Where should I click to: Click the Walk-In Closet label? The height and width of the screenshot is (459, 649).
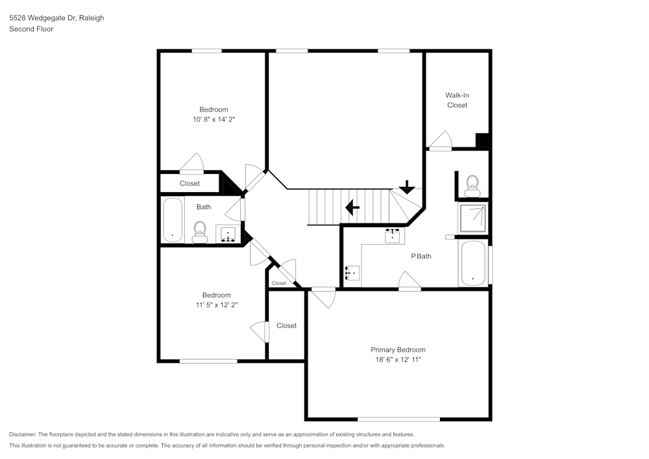point(457,100)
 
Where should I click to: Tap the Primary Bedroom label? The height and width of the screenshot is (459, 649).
point(398,349)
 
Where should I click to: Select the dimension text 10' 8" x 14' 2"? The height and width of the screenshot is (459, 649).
point(213,119)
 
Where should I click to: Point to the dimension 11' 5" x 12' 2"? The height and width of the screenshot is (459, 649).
point(215,305)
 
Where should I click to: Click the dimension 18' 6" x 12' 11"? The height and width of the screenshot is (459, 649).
point(398,359)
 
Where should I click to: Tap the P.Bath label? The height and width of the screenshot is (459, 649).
point(421,256)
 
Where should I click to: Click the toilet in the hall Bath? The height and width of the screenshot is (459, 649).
point(199,231)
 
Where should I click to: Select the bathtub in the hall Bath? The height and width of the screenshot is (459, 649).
point(172,220)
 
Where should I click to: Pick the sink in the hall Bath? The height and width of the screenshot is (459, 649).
point(228,234)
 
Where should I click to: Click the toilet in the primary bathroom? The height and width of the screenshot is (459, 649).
point(472,185)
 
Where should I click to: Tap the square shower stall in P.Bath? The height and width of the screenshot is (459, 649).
point(474,217)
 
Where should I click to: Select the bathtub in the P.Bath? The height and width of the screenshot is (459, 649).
point(472,264)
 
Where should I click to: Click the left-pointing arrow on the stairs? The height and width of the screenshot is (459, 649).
point(352,208)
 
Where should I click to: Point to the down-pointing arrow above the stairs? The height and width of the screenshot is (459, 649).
point(407,188)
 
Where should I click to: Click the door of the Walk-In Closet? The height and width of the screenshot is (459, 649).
point(441,142)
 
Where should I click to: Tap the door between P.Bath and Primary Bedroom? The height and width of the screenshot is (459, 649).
point(410,282)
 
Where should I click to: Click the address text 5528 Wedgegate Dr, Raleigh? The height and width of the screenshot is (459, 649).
point(56,18)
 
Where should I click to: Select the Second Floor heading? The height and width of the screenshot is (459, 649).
point(31,29)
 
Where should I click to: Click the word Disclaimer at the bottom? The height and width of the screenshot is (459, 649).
point(23,434)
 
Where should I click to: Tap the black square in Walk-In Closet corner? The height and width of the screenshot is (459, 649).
point(482,141)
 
